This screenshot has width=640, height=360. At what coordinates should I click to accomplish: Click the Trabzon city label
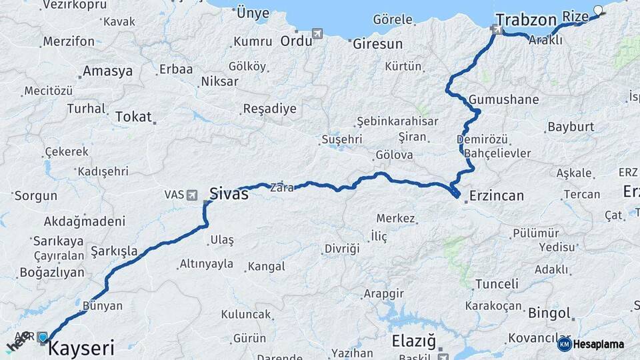click(526, 19)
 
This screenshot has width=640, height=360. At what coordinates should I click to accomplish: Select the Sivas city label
click(229, 194)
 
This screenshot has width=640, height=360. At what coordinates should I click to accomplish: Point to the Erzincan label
click(496, 196)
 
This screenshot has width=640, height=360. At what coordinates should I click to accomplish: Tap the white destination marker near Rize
click(597, 10)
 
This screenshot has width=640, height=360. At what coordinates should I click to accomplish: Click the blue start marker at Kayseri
click(43, 337)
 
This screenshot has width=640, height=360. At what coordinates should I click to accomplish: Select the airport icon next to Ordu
click(317, 33)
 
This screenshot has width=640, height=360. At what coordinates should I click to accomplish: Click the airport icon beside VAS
click(193, 195)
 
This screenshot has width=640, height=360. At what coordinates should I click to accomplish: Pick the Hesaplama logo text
click(599, 344)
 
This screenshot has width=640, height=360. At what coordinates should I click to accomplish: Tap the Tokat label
click(133, 117)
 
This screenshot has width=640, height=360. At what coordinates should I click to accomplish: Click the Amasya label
click(107, 72)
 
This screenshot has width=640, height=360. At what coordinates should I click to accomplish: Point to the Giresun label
click(378, 44)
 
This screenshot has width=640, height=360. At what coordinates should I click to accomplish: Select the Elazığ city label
click(413, 341)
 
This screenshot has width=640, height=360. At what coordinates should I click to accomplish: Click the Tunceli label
click(496, 284)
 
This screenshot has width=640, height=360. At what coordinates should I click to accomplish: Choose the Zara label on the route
click(281, 189)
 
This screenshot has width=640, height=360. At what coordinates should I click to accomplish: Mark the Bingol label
click(549, 313)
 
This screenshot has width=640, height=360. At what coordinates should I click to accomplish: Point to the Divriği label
click(341, 249)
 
